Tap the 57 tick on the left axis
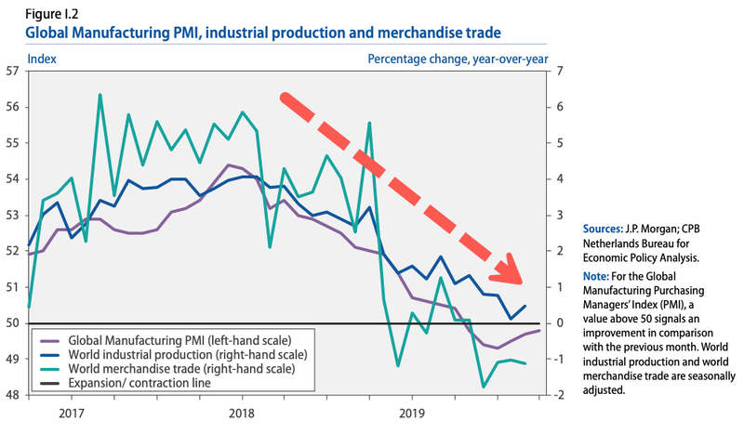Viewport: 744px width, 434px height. tap(13, 72)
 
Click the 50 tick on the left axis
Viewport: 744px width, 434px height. tap(13, 323)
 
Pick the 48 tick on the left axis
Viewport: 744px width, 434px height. tap(13, 395)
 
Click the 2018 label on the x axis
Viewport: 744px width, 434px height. tap(242, 412)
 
